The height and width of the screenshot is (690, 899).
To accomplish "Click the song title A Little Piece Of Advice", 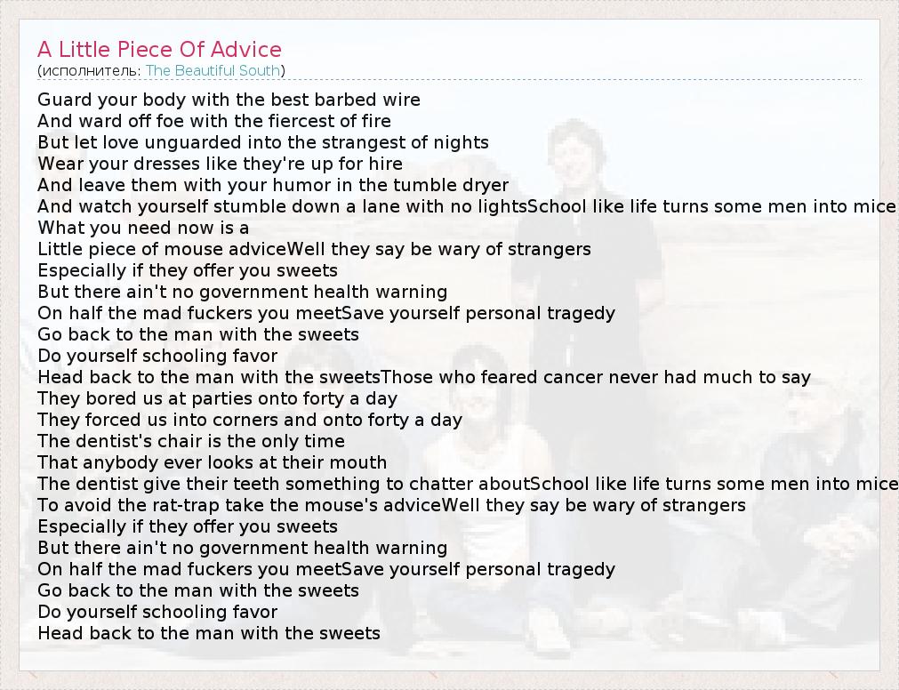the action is [159, 49].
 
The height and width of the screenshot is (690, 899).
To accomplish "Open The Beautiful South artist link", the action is [213, 70].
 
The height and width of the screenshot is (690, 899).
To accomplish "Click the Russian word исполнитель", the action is [90, 71].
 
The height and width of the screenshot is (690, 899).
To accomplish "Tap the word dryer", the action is [486, 186].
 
